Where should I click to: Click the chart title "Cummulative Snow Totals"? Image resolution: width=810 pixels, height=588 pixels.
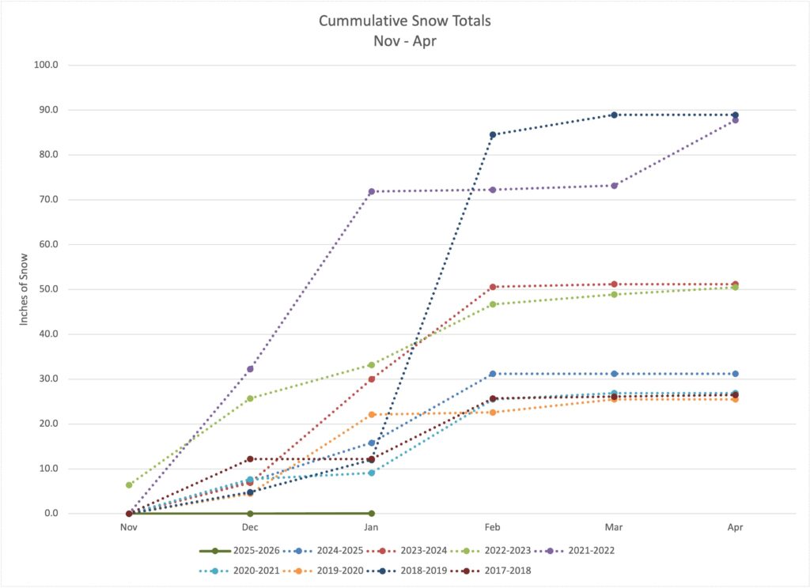pos(405,21)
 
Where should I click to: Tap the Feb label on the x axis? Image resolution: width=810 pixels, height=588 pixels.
pos(492,526)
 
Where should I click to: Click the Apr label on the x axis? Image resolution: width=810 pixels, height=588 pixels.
pos(735,526)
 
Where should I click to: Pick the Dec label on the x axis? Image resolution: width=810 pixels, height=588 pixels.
pos(250,526)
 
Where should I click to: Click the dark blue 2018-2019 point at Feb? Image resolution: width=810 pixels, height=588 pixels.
pos(493,134)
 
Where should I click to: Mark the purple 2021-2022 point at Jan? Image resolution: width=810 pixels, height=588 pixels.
pos(371,192)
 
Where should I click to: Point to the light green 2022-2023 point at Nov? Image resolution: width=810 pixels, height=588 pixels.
pos(129,485)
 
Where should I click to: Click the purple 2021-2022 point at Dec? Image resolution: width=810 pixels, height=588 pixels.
pos(250,369)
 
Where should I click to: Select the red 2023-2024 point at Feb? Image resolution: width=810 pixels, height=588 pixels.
pos(493,287)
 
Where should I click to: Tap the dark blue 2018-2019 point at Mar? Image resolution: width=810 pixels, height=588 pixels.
pos(614,115)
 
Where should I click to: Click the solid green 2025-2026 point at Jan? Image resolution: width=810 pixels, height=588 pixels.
pos(371,513)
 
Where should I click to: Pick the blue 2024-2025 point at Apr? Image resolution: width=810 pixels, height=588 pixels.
pos(735,374)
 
